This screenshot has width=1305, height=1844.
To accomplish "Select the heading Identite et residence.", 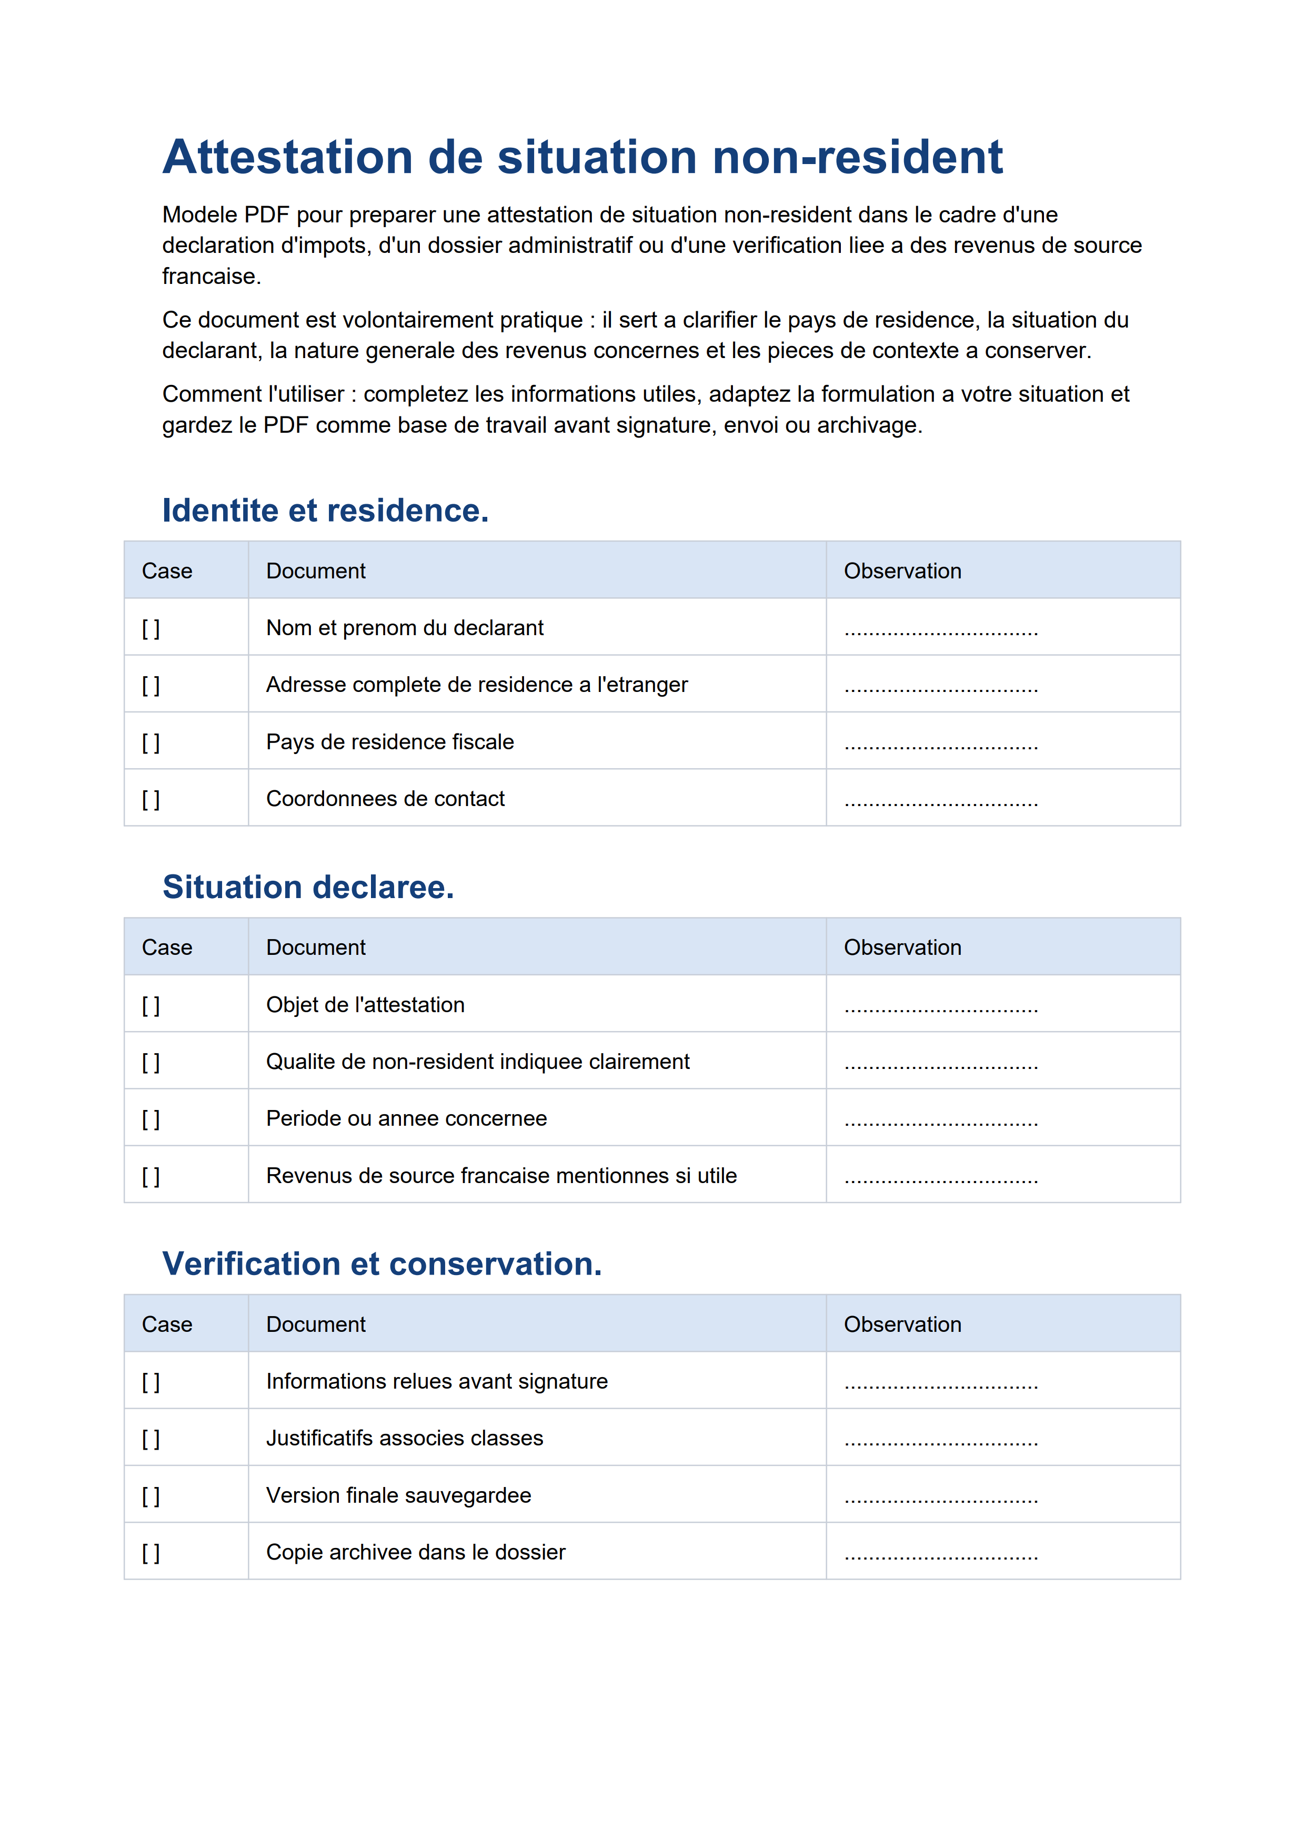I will click(x=325, y=511).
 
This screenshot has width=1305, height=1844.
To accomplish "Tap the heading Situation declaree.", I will click(x=308, y=888).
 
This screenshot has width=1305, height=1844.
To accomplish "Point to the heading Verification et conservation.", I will click(x=382, y=1264).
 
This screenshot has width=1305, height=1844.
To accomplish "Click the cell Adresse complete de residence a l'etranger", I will click(x=477, y=685).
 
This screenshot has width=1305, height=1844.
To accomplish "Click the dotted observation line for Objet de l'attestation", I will click(x=941, y=1007).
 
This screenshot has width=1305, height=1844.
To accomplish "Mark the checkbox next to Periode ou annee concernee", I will click(x=151, y=1119).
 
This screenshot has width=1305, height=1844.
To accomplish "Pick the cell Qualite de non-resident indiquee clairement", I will click(x=477, y=1062).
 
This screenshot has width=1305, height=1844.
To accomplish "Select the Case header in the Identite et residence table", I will click(x=167, y=571).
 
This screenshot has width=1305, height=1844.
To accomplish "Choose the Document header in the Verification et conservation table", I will click(x=315, y=1325).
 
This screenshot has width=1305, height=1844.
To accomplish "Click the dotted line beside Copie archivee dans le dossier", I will click(x=941, y=1555).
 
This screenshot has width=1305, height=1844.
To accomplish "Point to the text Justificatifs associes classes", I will click(x=404, y=1439).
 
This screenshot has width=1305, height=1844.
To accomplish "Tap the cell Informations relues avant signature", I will click(x=436, y=1381).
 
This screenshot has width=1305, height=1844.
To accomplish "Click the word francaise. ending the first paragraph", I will click(x=212, y=276).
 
